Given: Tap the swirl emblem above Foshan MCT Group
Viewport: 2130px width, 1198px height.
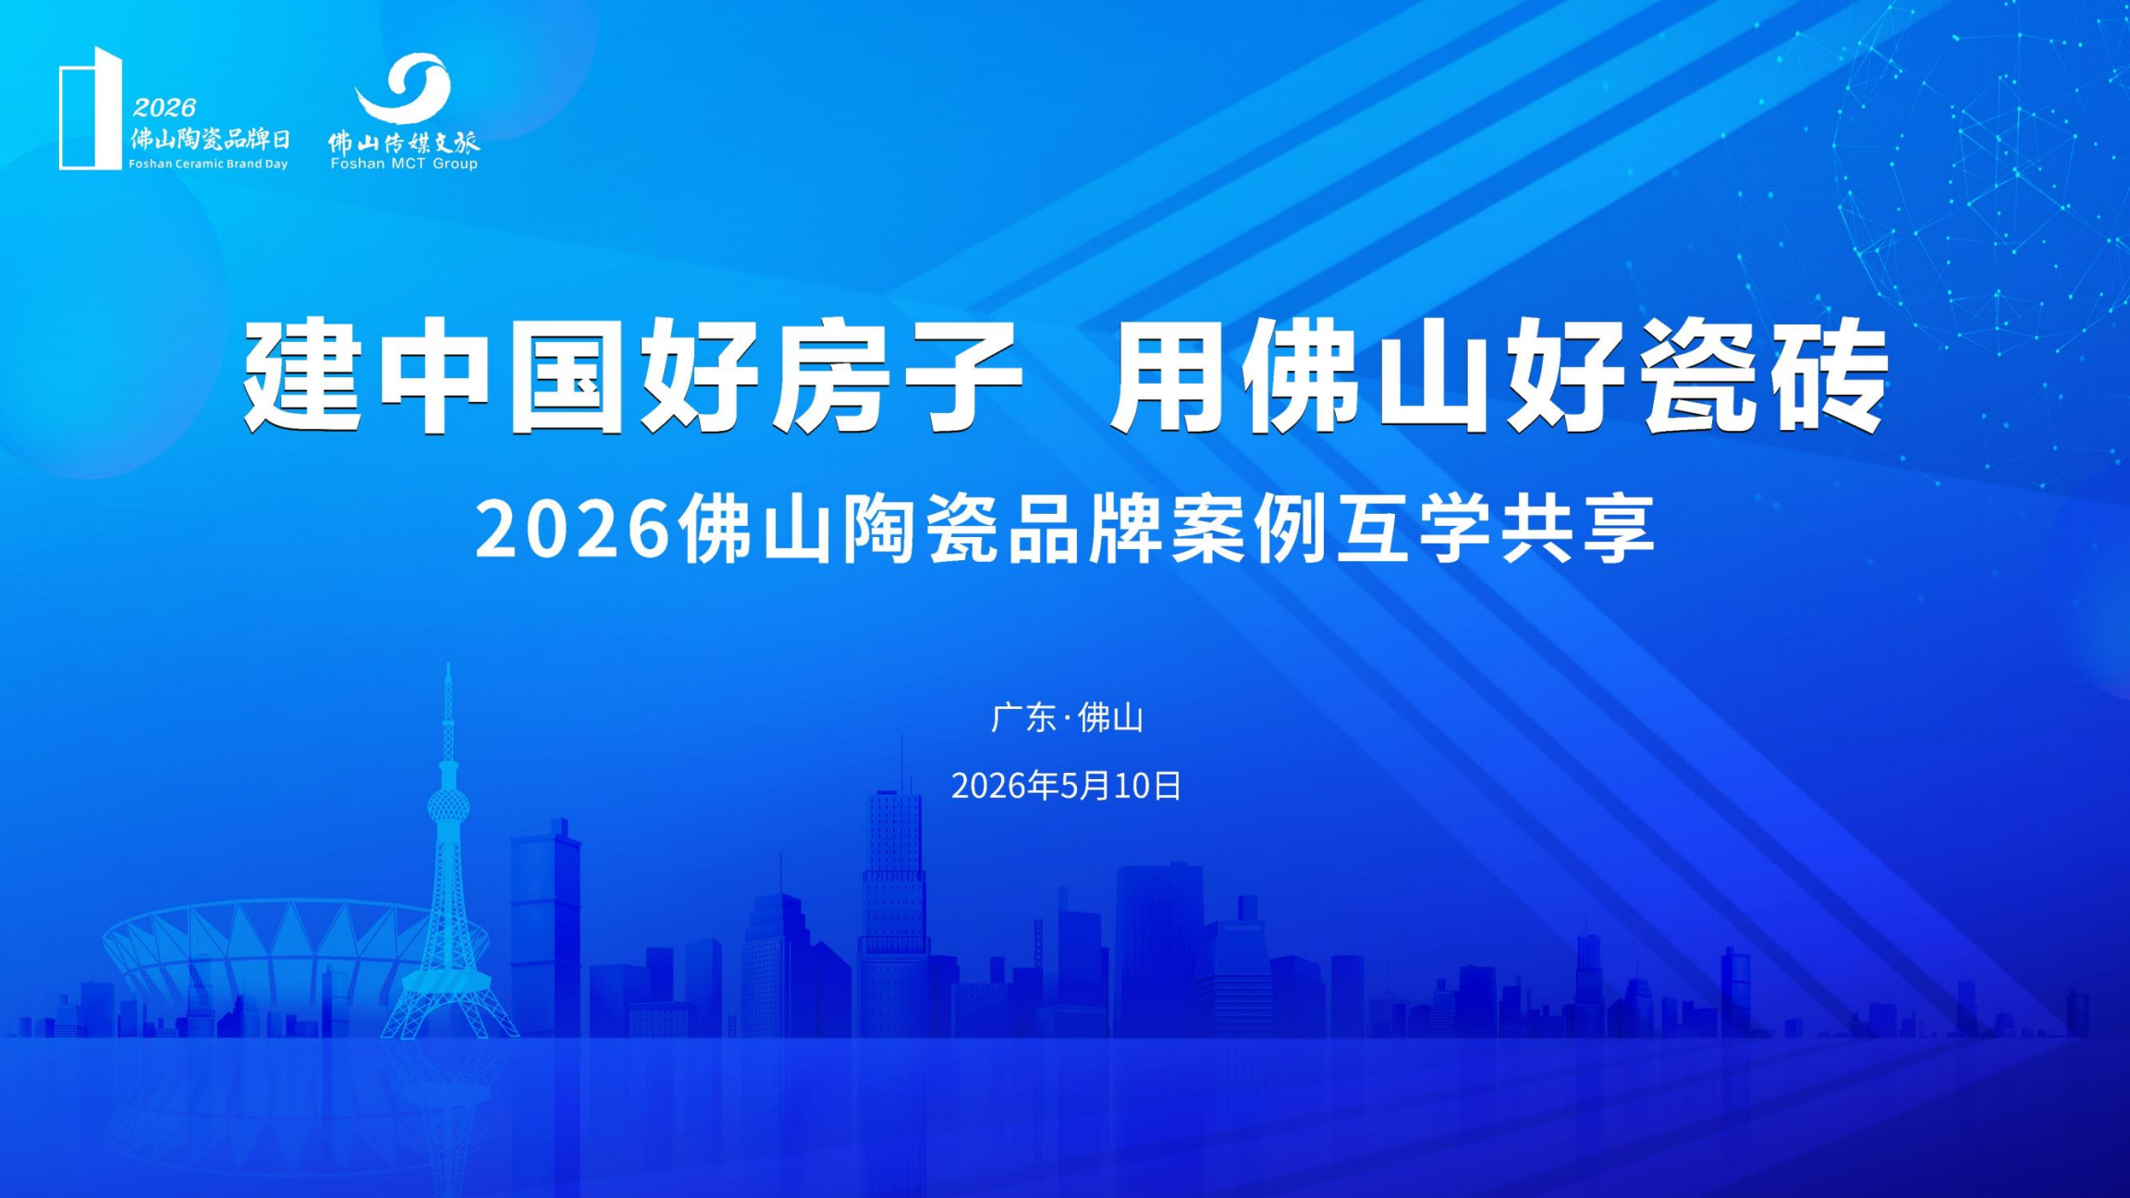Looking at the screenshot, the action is [x=404, y=88].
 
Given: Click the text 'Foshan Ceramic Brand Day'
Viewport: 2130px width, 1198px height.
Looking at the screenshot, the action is [x=208, y=164].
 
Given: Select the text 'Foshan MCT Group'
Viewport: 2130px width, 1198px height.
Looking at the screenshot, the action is [x=404, y=164].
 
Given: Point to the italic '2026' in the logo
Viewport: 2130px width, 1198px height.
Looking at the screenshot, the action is [x=165, y=108].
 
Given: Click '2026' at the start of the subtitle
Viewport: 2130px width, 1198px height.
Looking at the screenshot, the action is [x=572, y=529].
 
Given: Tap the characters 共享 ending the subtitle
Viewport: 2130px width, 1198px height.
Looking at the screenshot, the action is [x=1576, y=529].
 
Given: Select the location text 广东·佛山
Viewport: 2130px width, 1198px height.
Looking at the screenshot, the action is [x=1067, y=718].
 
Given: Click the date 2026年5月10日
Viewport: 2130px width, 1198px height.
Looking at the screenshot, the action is [x=1066, y=786].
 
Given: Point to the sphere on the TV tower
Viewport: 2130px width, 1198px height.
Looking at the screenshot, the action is [x=448, y=807].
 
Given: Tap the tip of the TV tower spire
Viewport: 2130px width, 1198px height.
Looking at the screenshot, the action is [x=448, y=663].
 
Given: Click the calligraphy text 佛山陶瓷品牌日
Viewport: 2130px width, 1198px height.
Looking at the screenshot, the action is [x=210, y=139].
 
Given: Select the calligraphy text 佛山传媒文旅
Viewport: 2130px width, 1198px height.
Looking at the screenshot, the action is [x=404, y=141].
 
